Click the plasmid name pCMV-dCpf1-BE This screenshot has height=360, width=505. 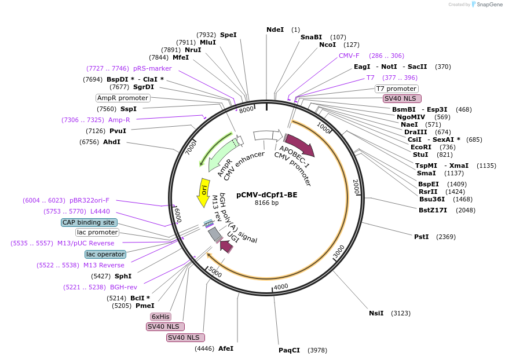click(x=266, y=195)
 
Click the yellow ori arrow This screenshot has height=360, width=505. click(x=203, y=193)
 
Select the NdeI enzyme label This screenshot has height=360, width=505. click(x=275, y=30)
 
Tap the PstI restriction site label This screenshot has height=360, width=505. click(x=421, y=237)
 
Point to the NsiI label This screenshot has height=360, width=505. click(x=376, y=313)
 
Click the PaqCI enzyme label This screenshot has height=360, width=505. click(x=289, y=350)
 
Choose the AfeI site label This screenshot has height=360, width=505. click(x=226, y=348)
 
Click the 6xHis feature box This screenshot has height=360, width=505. click(x=160, y=317)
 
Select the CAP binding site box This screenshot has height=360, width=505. click(x=89, y=222)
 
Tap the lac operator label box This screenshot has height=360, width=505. click(x=105, y=254)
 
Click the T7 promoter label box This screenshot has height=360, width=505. click(x=396, y=89)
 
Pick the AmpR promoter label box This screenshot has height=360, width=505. click(x=123, y=98)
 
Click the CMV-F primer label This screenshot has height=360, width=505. click(x=349, y=56)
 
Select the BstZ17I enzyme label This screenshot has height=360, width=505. click(x=433, y=210)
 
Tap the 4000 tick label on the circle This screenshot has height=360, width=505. click(x=281, y=286)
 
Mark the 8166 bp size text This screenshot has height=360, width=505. click(x=266, y=203)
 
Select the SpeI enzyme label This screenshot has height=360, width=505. click(x=228, y=35)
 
